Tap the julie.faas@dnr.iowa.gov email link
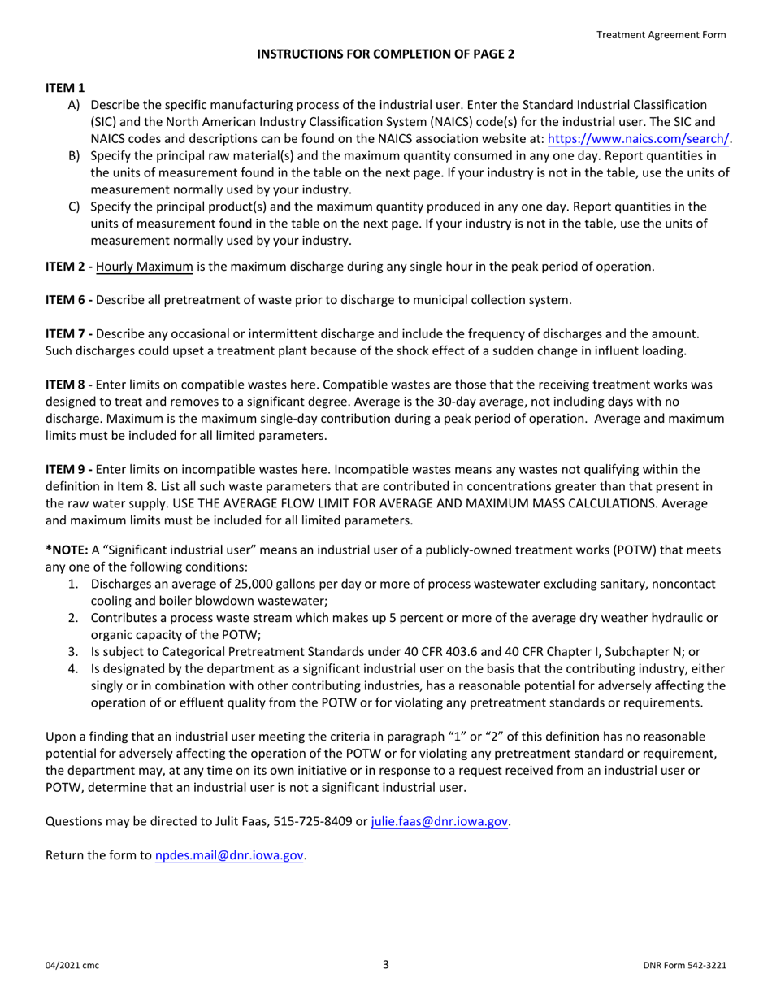[x=440, y=822]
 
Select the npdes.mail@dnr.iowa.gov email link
[x=230, y=855]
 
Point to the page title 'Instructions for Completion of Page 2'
[x=385, y=54]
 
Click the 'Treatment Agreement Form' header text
[x=661, y=34]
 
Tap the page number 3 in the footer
[x=386, y=965]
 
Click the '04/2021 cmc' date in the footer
[x=72, y=966]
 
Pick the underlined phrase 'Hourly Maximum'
[x=144, y=267]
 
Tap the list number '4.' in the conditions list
[x=73, y=669]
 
